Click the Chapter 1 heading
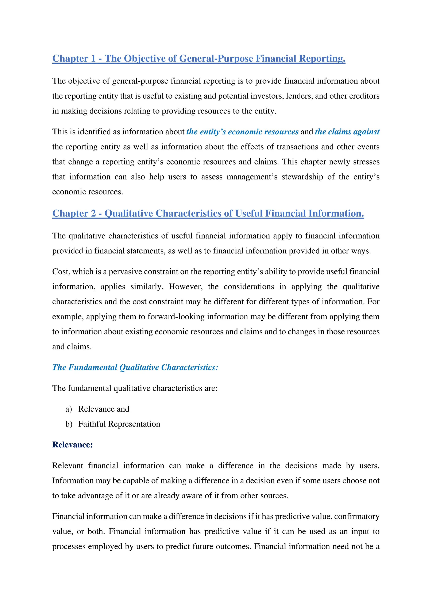(198, 58)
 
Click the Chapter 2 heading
(208, 213)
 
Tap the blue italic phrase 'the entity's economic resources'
(242, 132)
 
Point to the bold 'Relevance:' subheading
(72, 445)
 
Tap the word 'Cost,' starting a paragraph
(61, 272)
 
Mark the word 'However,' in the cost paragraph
(185, 287)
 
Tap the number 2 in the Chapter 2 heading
(93, 213)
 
